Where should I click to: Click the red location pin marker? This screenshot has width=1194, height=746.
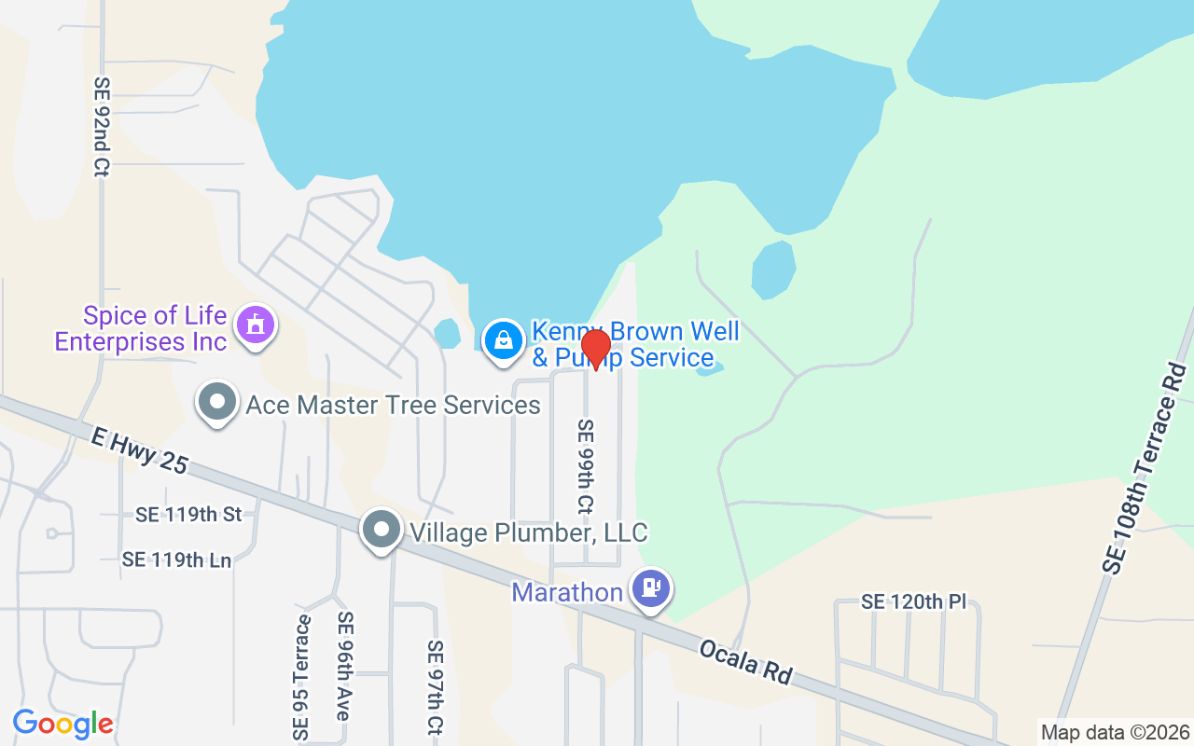[x=596, y=348]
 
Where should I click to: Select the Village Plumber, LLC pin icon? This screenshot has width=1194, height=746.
[x=381, y=530]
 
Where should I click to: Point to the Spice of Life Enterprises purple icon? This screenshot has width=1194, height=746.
[x=254, y=325]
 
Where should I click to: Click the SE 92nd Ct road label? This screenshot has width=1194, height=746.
[x=101, y=127]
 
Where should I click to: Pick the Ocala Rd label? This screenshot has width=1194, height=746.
[x=747, y=661]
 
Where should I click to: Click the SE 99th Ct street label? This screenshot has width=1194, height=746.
[x=585, y=466]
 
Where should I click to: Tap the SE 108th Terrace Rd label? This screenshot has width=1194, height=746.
[x=1144, y=469]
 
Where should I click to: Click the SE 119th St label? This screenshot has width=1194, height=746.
[x=188, y=514]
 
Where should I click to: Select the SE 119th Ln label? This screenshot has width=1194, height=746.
[x=176, y=559]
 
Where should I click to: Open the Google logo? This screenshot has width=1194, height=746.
[x=62, y=724]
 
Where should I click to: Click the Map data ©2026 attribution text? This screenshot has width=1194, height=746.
[x=1115, y=732]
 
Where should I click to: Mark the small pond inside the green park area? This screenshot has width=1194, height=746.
[x=773, y=269]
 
